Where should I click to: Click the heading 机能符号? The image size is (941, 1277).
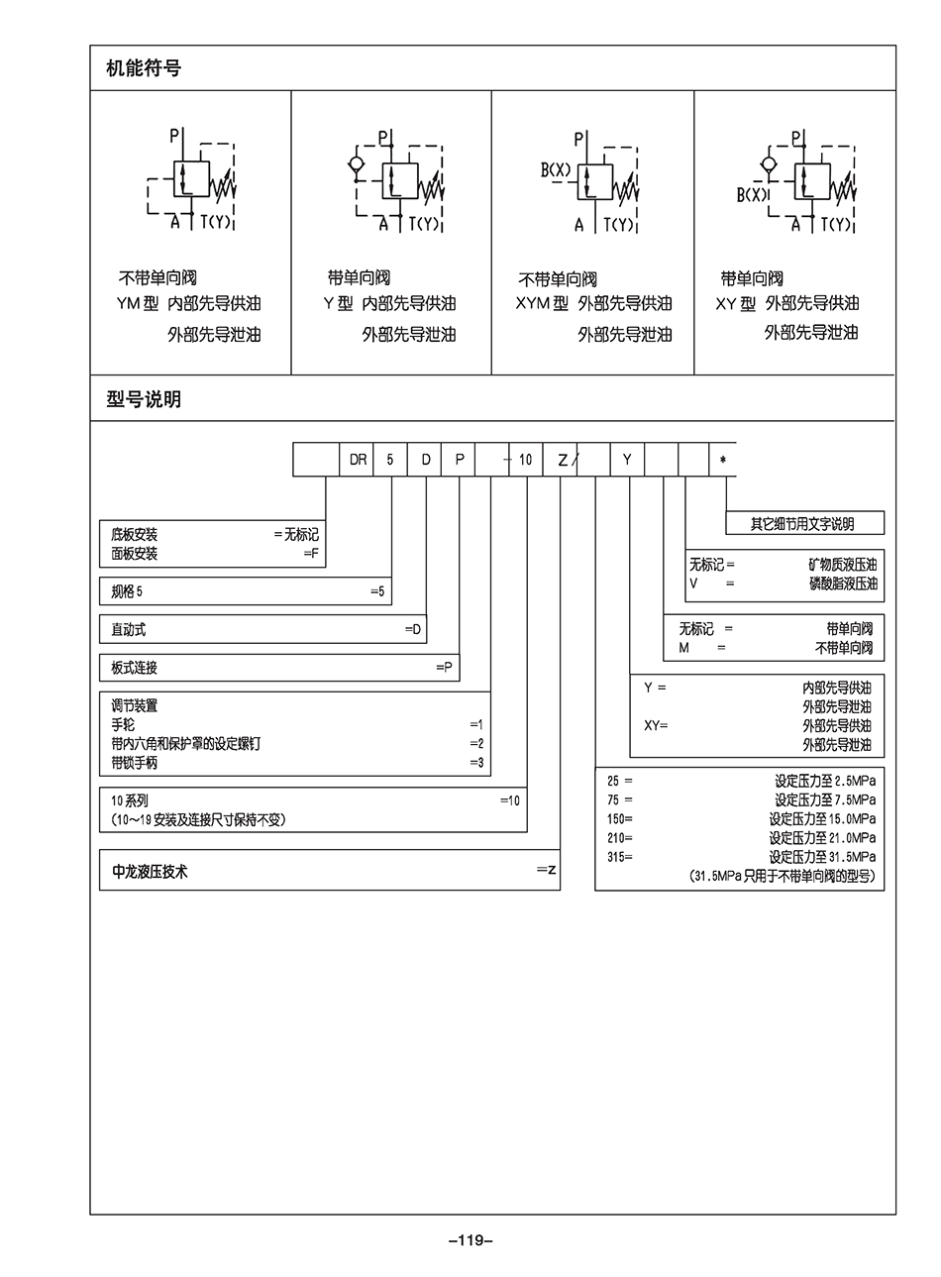pos(144,68)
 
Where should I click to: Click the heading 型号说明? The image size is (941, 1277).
pos(144,400)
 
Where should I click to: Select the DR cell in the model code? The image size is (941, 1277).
pos(358,460)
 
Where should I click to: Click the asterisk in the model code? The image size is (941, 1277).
pos(723,461)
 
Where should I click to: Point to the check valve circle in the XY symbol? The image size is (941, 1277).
pos(768,164)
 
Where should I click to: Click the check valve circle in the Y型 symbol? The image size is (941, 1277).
pos(357,164)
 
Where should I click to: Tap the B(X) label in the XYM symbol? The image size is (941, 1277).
pos(556,170)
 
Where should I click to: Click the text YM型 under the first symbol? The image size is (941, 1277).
pos(138,304)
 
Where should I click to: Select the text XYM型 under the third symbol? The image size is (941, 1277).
pos(542,304)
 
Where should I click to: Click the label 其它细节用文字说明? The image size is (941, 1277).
pos(801,524)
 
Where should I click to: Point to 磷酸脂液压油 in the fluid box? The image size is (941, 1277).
pos(843,585)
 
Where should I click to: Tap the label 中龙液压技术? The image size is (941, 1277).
pos(150,873)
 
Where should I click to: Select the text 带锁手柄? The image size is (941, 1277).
pos(135,764)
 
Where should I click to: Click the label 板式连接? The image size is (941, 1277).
pos(135,669)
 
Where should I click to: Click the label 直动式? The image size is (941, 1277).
pos(129,630)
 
